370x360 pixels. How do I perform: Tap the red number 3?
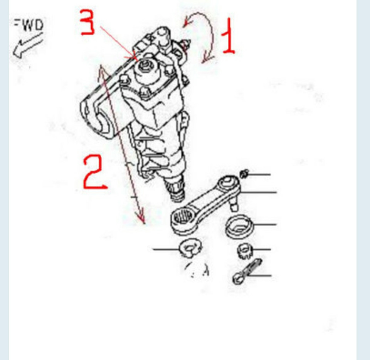click(87, 22)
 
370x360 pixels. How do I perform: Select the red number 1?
click(229, 36)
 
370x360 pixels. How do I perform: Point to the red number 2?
click(94, 172)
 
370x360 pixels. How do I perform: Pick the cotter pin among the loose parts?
click(246, 271)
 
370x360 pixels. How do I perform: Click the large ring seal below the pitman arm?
click(239, 226)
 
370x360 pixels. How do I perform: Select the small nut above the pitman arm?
click(244, 174)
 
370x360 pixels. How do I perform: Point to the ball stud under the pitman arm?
click(234, 204)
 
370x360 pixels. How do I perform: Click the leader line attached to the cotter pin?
click(259, 275)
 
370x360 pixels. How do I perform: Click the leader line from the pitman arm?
click(258, 193)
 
